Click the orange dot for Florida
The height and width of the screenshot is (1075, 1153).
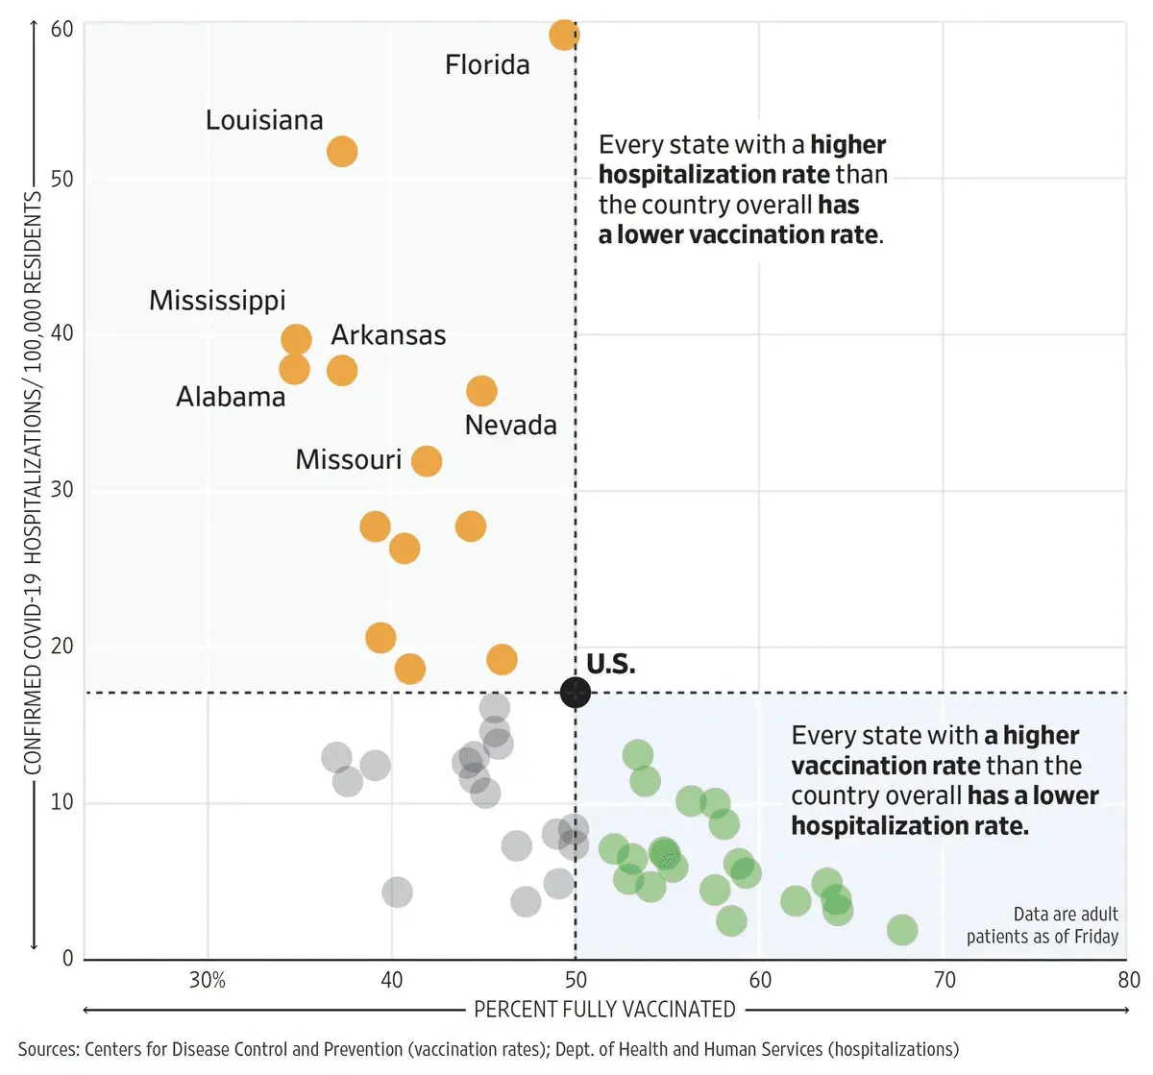point(564,36)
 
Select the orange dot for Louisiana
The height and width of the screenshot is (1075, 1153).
point(342,151)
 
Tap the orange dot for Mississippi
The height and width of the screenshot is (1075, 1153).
point(296,339)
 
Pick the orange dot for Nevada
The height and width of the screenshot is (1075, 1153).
point(481,391)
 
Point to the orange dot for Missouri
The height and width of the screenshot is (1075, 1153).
point(427,461)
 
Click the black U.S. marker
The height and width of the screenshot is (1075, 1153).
point(575,692)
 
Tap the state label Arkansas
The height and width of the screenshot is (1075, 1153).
point(388,335)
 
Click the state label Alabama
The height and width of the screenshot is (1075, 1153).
point(231,397)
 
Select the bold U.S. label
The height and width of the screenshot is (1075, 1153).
point(610,664)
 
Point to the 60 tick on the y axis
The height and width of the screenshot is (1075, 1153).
point(61,29)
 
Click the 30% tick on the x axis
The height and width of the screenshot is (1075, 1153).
point(208,980)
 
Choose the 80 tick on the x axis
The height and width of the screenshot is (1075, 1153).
point(1129,980)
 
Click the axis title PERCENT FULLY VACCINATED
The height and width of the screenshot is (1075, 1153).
point(604,1010)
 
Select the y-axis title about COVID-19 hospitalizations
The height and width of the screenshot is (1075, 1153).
point(33,480)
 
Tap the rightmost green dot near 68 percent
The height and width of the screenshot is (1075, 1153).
point(901,930)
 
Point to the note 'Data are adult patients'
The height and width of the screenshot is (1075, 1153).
point(1043,925)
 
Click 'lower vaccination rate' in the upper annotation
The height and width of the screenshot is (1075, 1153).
point(747,235)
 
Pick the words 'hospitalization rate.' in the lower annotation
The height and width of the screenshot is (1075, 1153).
point(909,826)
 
